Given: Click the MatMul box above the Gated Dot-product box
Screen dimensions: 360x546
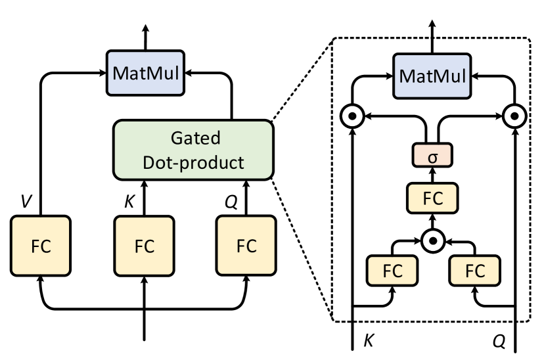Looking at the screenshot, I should [x=145, y=73].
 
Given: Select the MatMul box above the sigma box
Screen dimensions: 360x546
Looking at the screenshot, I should [x=432, y=76].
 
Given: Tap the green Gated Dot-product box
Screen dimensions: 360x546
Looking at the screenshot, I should [x=193, y=150].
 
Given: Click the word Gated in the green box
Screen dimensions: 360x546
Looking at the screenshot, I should [x=195, y=139].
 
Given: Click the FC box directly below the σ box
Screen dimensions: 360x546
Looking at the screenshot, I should [x=432, y=198].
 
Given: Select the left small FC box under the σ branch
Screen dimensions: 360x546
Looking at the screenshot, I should [x=392, y=271].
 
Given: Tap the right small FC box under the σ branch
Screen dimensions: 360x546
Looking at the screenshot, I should [x=474, y=271].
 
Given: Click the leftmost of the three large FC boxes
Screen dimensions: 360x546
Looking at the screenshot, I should [x=41, y=246].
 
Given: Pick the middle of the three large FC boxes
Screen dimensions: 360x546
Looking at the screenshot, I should [x=144, y=246].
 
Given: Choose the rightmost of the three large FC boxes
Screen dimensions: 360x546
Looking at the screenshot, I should [x=246, y=246].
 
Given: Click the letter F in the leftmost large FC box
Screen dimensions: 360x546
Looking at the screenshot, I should [x=35, y=246].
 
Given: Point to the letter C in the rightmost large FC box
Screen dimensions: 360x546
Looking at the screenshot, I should [x=252, y=246].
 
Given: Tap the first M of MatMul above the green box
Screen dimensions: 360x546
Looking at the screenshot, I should [x=120, y=73].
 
